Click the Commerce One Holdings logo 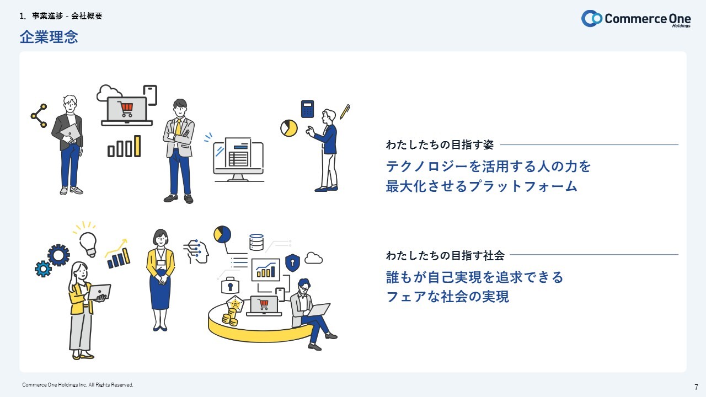pyautogui.click(x=636, y=19)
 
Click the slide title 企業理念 pyautogui.click(x=49, y=37)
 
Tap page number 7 pyautogui.click(x=696, y=387)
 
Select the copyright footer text pyautogui.click(x=78, y=385)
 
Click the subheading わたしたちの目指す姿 pyautogui.click(x=440, y=144)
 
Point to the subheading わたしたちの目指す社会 pyautogui.click(x=445, y=255)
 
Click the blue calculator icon pyautogui.click(x=307, y=109)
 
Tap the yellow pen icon pyautogui.click(x=345, y=111)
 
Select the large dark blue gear pyautogui.click(x=58, y=255)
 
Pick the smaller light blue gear pyautogui.click(x=43, y=269)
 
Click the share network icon pyautogui.click(x=39, y=116)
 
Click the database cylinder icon pyautogui.click(x=256, y=242)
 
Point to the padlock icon pyautogui.click(x=230, y=285)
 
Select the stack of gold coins pyautogui.click(x=230, y=316)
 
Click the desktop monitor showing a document pyautogui.click(x=238, y=160)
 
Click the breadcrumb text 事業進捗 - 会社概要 pyautogui.click(x=67, y=16)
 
